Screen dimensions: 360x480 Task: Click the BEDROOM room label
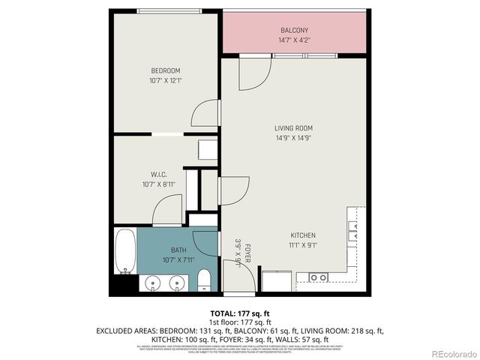click(165, 70)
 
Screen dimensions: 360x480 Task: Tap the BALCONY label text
click(295, 30)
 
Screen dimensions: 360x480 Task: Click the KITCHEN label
click(303, 235)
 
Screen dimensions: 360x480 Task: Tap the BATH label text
click(178, 250)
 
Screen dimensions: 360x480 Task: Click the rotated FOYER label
click(247, 255)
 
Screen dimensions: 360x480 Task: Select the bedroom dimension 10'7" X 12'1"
click(165, 79)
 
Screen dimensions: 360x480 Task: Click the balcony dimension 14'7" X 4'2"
click(295, 39)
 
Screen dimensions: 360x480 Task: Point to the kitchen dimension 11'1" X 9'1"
click(303, 244)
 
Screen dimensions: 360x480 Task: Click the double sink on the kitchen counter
click(318, 277)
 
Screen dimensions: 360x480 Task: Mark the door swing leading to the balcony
click(253, 72)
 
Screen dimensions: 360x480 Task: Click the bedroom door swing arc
click(205, 115)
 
